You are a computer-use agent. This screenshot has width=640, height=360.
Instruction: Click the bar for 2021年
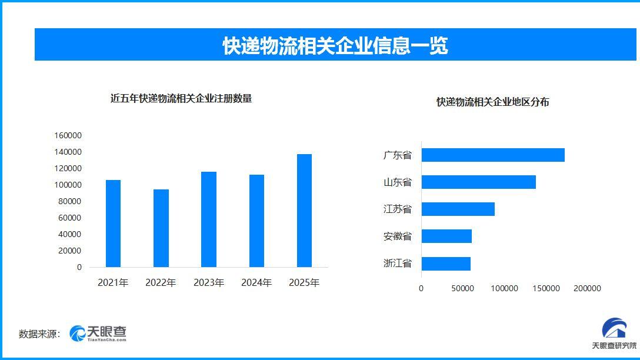(113, 224)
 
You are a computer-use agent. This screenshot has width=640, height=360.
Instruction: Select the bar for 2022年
(161, 228)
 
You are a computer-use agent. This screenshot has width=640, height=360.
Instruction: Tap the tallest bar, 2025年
(304, 211)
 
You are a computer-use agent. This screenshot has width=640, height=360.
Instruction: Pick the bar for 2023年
(209, 219)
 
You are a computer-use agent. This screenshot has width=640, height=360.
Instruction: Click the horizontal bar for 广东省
(493, 155)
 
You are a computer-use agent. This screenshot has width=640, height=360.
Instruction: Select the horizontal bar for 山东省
(478, 182)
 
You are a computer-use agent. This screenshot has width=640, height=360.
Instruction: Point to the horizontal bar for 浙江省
(446, 264)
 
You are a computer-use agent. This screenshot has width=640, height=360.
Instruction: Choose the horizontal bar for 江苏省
(458, 209)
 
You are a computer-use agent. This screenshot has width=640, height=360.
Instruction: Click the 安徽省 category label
(397, 236)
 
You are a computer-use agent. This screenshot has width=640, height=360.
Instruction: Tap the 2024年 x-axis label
(256, 283)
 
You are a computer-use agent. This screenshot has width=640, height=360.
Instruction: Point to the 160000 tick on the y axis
(68, 135)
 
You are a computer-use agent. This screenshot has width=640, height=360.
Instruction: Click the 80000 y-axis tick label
(70, 201)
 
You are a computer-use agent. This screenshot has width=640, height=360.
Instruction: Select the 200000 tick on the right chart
(587, 288)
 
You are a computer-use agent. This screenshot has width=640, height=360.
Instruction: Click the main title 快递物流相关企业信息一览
(335, 45)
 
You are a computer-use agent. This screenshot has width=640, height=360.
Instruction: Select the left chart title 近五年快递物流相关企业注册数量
(181, 99)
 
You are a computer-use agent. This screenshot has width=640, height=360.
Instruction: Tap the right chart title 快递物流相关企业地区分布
(493, 102)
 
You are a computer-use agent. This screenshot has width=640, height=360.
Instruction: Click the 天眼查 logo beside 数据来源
(98, 334)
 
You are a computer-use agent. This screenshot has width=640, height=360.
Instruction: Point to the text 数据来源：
(39, 334)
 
